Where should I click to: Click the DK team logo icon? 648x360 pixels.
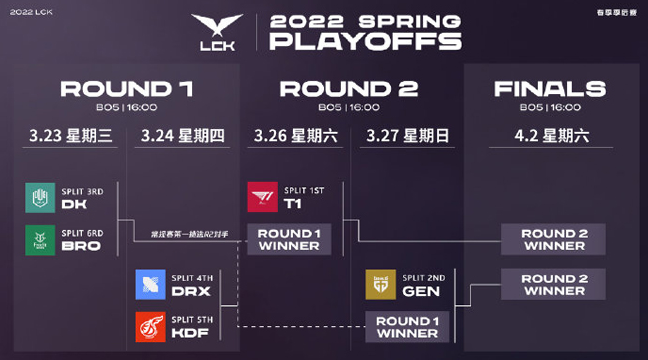coord(40,198)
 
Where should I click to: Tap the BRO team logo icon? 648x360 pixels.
coord(40,240)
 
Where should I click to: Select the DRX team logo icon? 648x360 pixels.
coord(150,284)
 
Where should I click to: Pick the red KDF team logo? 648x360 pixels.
coord(150,326)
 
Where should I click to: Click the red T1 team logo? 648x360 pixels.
coord(262,198)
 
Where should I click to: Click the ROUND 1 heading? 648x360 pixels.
coord(127,90)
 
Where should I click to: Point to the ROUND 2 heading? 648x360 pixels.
coord(348,90)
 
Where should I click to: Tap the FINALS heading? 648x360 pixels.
coord(550,90)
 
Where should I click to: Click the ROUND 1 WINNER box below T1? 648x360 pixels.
coord(289,240)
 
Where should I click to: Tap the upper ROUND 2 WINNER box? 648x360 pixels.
coord(553,240)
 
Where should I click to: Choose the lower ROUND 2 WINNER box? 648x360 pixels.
coord(553,284)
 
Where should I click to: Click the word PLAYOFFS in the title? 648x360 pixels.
coord(366,42)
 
